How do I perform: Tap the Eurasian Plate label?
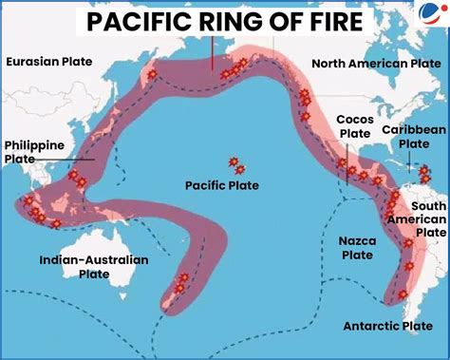coord(49,62)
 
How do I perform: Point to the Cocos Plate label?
coord(354,126)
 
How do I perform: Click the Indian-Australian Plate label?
coord(94,266)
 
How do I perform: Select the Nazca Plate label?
coord(357,248)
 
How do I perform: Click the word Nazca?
coord(357,241)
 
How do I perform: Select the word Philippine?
coord(33,145)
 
